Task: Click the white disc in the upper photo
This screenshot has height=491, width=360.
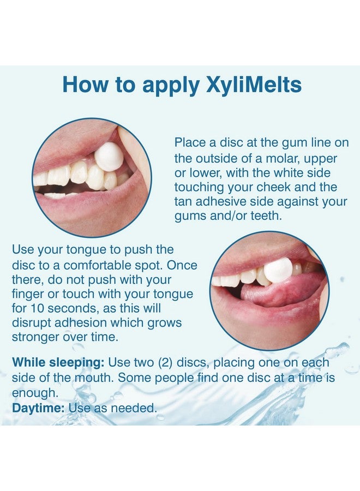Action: (x=109, y=157)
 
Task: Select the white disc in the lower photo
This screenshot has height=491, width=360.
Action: (x=278, y=270)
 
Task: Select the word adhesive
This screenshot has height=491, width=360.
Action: (x=223, y=202)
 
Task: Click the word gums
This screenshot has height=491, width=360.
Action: (x=191, y=217)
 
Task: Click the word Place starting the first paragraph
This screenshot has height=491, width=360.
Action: (x=190, y=142)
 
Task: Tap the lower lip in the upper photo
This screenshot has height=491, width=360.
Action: (x=98, y=210)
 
